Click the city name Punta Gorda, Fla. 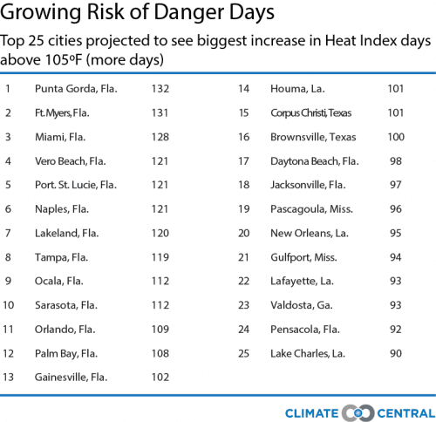[x=75, y=88]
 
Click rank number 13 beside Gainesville [x=8, y=378]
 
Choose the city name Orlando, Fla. [x=65, y=330]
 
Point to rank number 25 [x=244, y=353]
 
